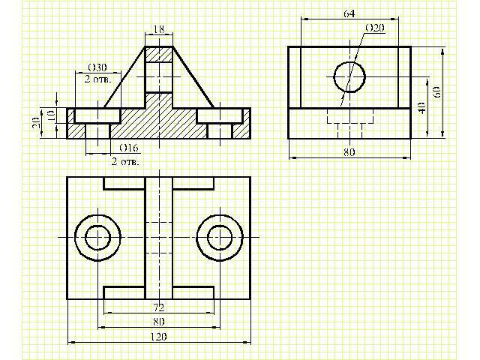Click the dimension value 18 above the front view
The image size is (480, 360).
(x=159, y=29)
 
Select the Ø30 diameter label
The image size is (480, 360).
(x=97, y=67)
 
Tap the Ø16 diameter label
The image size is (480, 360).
(x=128, y=148)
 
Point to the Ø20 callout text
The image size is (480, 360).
(x=375, y=28)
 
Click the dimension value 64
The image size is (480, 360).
(x=349, y=13)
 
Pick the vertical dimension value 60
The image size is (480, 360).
(x=436, y=91)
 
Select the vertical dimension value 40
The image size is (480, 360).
(x=421, y=108)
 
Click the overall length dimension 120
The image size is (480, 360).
(x=159, y=337)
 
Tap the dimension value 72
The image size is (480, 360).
(x=159, y=307)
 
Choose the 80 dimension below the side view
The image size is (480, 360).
(x=349, y=151)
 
